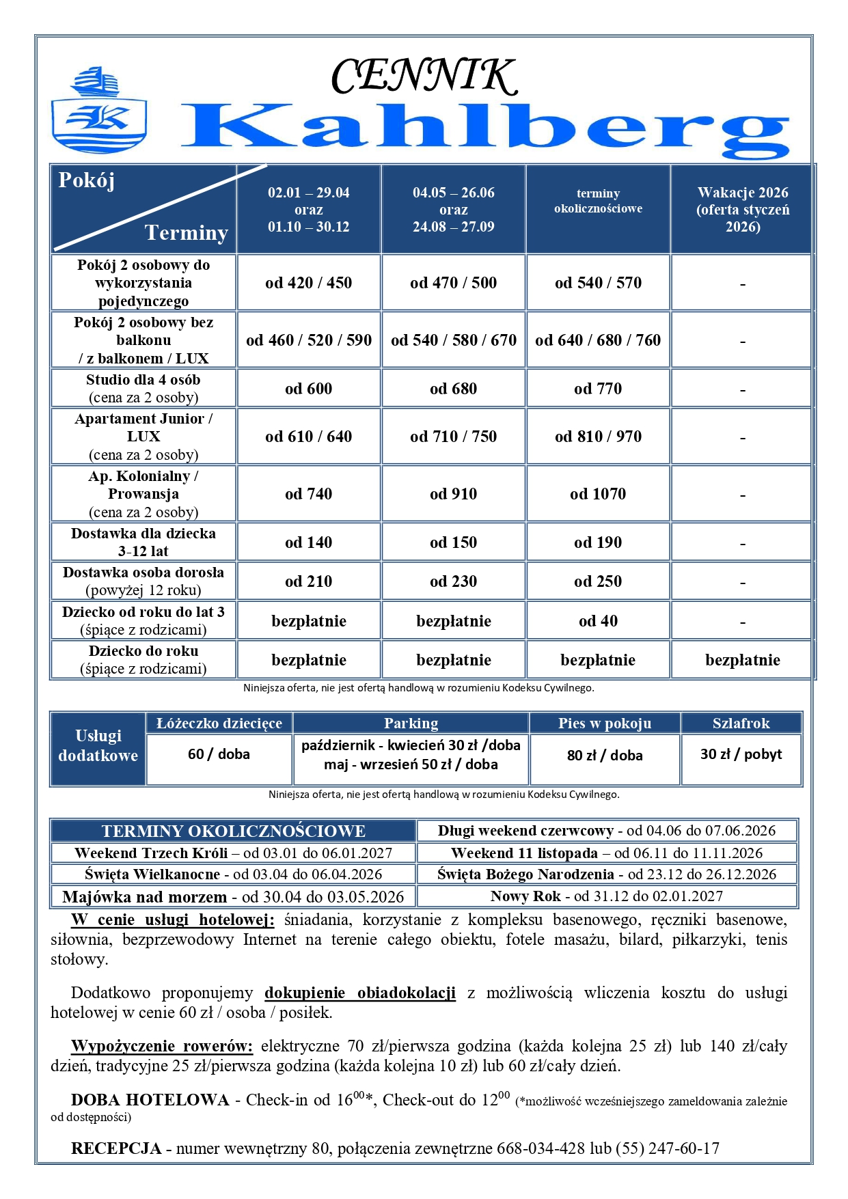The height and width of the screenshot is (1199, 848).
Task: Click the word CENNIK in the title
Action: tap(424, 76)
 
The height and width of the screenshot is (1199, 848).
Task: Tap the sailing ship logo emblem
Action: tap(99, 110)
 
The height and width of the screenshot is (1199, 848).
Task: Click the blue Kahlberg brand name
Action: tap(485, 130)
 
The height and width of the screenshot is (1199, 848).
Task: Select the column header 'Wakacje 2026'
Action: tap(742, 209)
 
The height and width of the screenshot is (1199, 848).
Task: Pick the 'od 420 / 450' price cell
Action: tap(308, 283)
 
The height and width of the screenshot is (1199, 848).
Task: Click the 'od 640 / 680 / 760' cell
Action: tap(598, 340)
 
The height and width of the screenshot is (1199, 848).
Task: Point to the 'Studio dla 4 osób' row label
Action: tap(143, 388)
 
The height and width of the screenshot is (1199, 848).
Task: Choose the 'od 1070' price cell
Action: tap(598, 494)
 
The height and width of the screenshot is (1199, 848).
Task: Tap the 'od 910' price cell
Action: tap(453, 494)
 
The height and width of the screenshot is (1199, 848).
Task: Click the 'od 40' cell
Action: tap(598, 621)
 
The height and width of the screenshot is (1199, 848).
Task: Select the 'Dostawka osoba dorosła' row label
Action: tap(143, 581)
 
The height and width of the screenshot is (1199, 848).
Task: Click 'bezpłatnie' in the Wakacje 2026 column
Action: tap(742, 660)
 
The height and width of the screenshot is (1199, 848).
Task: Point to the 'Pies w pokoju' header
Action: tap(604, 723)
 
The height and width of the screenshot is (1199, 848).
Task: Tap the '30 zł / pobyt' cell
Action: tap(741, 754)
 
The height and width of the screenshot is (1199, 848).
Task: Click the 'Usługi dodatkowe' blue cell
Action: tap(98, 746)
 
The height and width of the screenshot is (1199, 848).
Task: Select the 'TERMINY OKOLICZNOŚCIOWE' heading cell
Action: tap(233, 831)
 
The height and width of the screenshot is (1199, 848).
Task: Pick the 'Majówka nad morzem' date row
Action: tap(233, 896)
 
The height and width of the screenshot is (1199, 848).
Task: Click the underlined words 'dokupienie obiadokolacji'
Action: tap(359, 993)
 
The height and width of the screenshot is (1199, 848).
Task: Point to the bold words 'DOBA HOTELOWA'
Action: tap(150, 1100)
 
